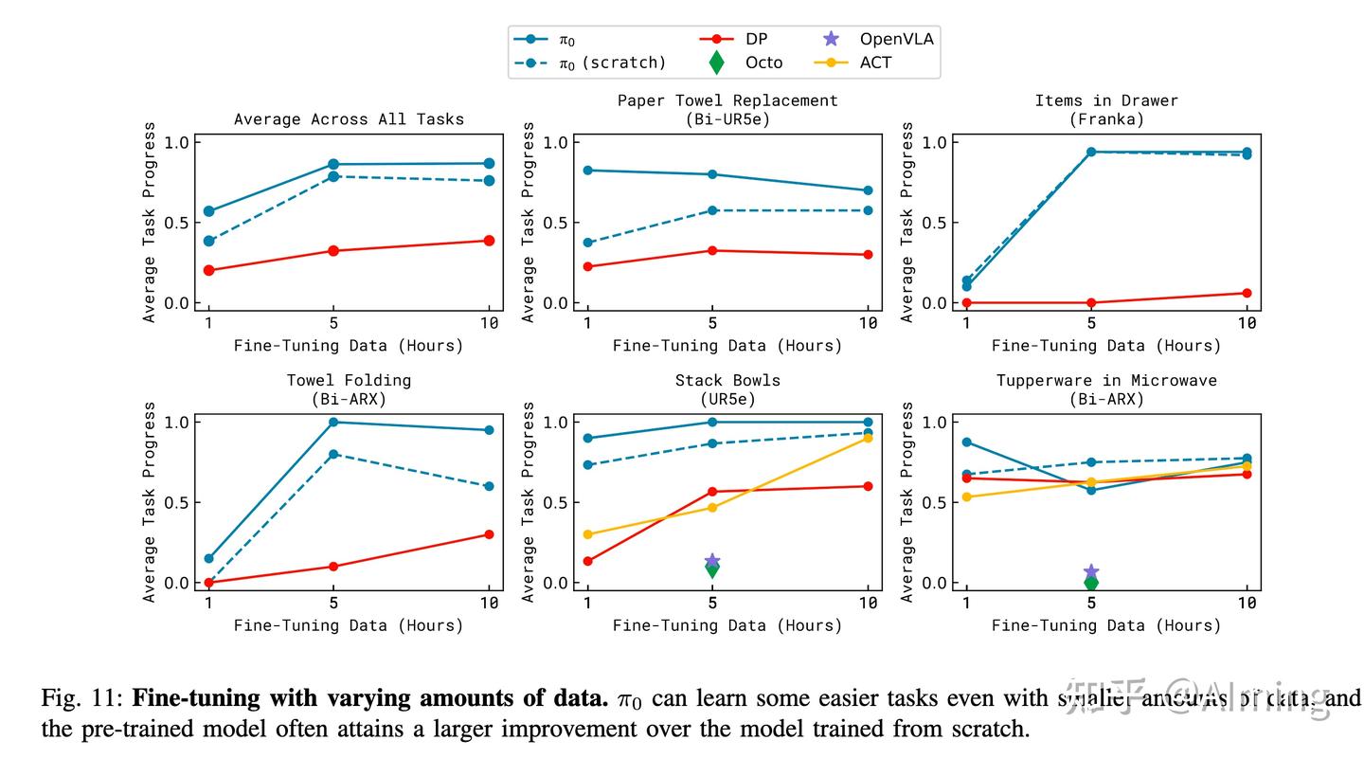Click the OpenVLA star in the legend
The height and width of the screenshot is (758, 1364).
pos(831,39)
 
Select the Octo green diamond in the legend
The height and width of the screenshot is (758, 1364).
pos(717,63)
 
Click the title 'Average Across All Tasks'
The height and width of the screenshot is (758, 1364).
pos(349,119)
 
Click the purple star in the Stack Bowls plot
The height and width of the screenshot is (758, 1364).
pos(712,561)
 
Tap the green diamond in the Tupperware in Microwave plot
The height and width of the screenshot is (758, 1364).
pos(1091,583)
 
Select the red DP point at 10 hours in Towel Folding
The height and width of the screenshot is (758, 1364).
pos(489,534)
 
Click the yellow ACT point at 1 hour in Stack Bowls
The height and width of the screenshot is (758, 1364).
pos(588,534)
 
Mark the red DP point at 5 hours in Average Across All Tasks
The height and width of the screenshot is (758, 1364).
pos(333,251)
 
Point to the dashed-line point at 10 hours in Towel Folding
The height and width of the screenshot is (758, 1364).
pos(489,486)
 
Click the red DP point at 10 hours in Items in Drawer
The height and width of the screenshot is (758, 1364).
pos(1247,293)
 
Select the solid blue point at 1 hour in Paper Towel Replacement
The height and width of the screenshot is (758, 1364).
pos(588,171)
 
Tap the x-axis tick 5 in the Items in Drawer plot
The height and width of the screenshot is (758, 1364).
pos(1091,323)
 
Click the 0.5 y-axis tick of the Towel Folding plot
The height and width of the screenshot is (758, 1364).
pos(178,502)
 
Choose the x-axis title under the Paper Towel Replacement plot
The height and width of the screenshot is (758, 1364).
pos(727,346)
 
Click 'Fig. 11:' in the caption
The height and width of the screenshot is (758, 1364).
pos(82,699)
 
